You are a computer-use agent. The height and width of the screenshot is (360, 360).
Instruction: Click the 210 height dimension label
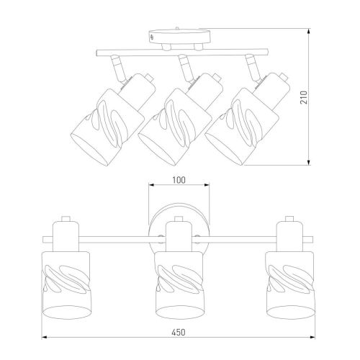click(304, 97)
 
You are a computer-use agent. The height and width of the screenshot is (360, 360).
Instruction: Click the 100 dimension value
click(179, 180)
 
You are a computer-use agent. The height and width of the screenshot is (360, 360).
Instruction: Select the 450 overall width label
click(179, 332)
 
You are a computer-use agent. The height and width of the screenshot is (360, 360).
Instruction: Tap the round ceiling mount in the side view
click(179, 37)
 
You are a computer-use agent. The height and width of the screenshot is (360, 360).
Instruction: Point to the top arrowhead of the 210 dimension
click(309, 32)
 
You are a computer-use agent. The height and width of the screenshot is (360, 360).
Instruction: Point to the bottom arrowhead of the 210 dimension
click(309, 162)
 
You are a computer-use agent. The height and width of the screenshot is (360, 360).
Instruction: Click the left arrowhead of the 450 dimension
click(45, 338)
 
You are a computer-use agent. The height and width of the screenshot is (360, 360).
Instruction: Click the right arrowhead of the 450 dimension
click(312, 338)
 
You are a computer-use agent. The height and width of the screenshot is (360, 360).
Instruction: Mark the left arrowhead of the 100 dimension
click(152, 185)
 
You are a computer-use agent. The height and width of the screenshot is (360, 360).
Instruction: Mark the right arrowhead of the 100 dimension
click(206, 185)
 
